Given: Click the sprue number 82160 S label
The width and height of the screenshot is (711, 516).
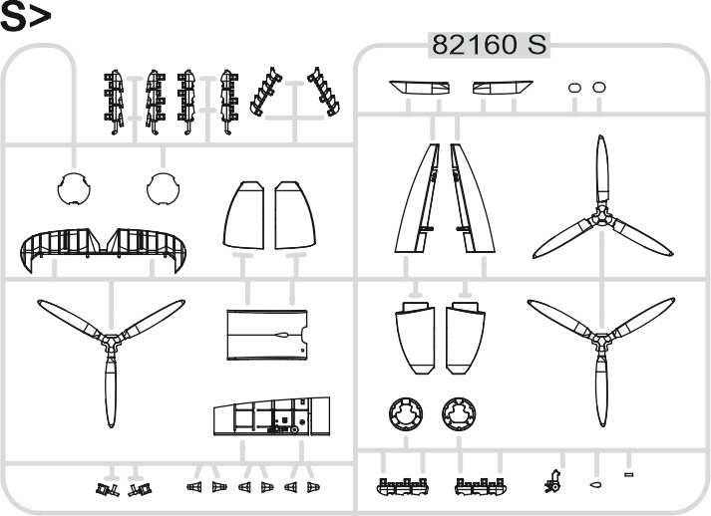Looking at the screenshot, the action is (x=489, y=45).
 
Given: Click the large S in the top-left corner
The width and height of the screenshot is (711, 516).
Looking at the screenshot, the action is (x=12, y=17).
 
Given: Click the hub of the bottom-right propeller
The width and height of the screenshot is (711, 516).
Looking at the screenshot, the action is (x=601, y=341).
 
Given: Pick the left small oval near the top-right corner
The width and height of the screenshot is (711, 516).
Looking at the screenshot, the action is (x=575, y=88).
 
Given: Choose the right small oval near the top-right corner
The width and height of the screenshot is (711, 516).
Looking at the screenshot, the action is (x=599, y=87).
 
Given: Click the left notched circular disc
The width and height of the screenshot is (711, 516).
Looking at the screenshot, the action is (x=74, y=188).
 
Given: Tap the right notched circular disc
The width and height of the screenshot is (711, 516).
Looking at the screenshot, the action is (x=164, y=188).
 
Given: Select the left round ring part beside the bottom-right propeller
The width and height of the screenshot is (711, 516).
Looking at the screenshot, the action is (x=406, y=414).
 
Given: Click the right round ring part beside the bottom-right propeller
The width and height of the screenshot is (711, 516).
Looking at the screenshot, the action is (x=459, y=414).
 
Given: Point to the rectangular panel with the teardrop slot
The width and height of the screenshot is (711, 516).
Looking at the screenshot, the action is (x=267, y=336).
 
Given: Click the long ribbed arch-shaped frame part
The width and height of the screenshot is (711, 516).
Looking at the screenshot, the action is (x=104, y=248).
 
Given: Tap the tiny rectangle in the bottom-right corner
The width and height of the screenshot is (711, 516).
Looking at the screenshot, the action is (x=628, y=474).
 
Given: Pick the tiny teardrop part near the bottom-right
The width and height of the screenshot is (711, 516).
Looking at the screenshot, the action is (x=595, y=485).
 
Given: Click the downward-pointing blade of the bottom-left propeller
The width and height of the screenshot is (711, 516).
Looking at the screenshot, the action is (x=111, y=390).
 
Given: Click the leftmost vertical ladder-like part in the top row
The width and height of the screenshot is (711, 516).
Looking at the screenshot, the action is (x=114, y=102).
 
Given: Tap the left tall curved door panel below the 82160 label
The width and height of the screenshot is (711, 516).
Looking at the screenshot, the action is (x=418, y=198).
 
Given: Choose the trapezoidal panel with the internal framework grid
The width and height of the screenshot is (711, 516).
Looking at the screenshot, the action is (x=271, y=416).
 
